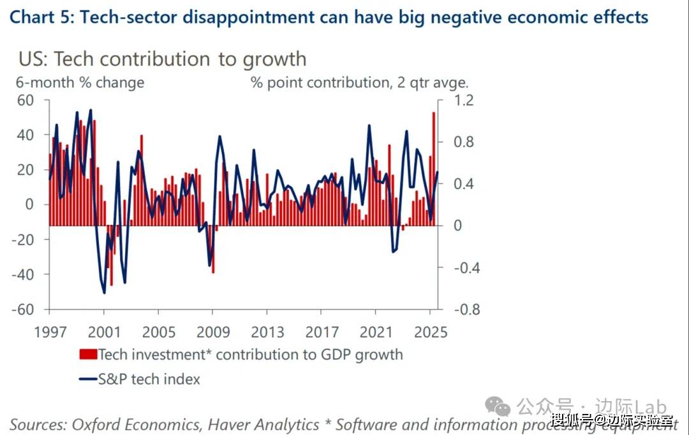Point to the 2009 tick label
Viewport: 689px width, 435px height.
[x=213, y=333]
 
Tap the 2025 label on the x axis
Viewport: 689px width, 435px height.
[x=430, y=333]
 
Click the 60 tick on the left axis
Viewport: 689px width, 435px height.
[x=25, y=100]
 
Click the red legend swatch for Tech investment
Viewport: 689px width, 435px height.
[x=87, y=355]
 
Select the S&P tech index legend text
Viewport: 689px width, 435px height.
[x=149, y=379]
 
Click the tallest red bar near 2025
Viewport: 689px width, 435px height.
[x=434, y=166]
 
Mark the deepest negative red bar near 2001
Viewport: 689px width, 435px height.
[x=111, y=256]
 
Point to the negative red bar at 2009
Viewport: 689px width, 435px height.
[x=213, y=249]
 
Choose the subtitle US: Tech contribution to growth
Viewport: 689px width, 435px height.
[x=162, y=59]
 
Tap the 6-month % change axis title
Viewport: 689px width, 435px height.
[x=80, y=82]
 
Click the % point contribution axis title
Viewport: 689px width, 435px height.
[x=359, y=82]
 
